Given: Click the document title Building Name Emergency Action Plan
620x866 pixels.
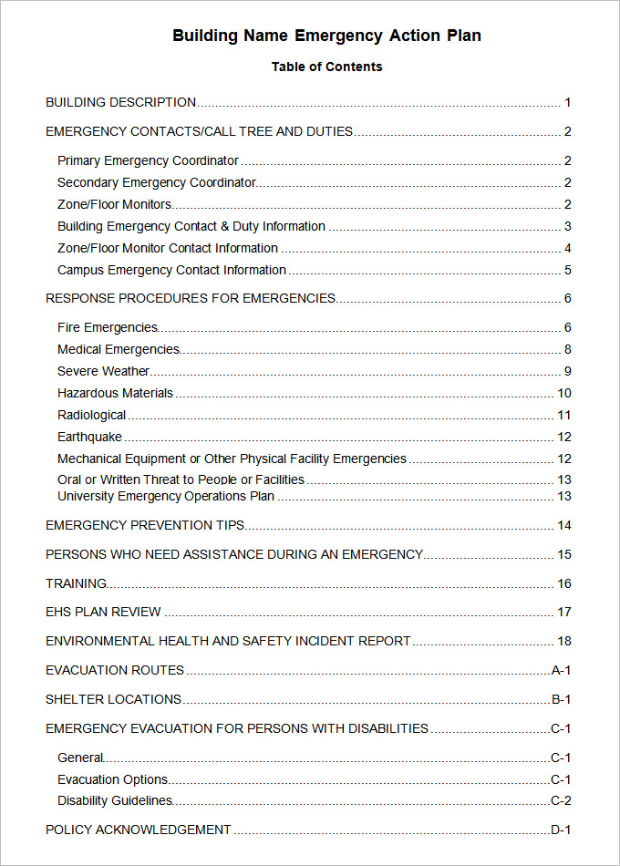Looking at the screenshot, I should point(326,36).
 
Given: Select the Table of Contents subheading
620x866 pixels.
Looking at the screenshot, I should point(326,67).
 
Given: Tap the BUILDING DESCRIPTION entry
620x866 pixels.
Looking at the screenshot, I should point(120,103).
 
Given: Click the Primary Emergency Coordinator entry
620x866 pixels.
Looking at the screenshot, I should point(148,161).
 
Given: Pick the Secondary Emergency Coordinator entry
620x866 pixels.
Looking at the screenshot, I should point(156,183).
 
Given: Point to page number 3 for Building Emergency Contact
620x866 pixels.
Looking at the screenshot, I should point(567,227).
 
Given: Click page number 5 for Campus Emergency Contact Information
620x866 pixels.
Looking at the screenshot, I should point(567,271).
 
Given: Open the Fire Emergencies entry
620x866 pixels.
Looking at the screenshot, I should point(107,328).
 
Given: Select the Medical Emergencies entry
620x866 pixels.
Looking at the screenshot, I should point(119,350).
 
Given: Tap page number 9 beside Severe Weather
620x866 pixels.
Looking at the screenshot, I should point(567,372).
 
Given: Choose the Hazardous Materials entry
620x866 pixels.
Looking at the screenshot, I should point(115,394).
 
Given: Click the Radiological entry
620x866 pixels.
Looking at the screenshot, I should point(91,416).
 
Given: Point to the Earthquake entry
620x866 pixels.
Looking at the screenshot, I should point(89,438).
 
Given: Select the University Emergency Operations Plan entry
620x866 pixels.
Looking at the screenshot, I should point(166,497).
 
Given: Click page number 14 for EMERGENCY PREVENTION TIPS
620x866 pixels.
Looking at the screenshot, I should point(564,526).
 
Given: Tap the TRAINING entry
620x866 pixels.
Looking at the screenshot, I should point(76,584).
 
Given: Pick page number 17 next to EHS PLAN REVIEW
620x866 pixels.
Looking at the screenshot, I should point(564,613).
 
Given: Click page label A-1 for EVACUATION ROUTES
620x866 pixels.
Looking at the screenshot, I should point(561,671).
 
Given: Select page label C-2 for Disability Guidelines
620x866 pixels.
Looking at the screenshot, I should point(561,801).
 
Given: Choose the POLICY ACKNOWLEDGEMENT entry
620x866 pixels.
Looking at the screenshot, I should point(138,830).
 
